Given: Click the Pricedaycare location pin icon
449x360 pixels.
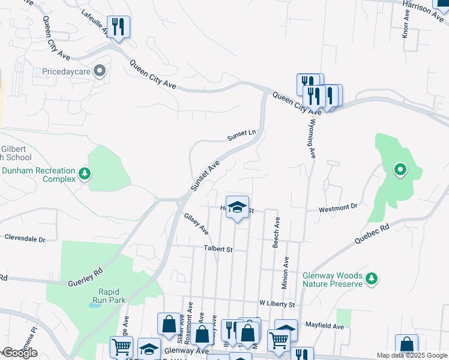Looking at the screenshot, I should (100, 72).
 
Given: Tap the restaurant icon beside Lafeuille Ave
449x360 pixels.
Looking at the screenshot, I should (118, 26).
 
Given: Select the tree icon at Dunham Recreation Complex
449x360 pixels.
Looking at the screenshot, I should (85, 174).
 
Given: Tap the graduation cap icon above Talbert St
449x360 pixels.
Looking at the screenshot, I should (238, 208).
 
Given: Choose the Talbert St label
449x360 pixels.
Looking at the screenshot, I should (217, 249).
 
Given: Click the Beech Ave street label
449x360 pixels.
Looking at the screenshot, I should (277, 233).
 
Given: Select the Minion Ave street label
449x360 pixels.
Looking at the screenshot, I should (286, 271).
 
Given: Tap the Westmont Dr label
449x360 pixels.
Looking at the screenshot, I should (337, 207).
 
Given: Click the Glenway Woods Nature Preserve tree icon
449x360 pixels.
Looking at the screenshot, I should (372, 279).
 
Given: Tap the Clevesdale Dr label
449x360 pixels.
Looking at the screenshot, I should (25, 238).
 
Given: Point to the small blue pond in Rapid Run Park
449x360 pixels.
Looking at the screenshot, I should (94, 305).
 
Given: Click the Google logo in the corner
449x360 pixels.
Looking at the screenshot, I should (20, 353).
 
